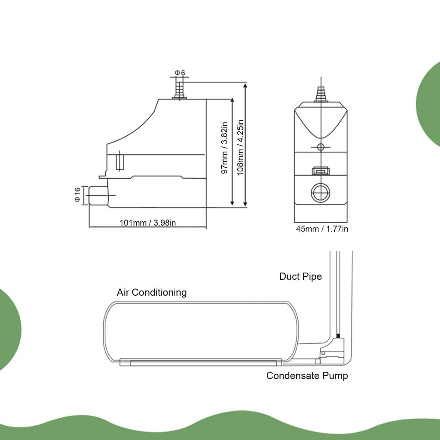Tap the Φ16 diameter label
[x=77, y=195]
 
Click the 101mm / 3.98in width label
[x=148, y=223]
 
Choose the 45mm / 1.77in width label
[x=322, y=229]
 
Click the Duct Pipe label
[x=300, y=276]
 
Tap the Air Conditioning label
[x=152, y=293]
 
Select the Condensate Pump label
[x=307, y=376]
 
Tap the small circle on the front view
[x=320, y=147]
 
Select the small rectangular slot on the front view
[x=320, y=171]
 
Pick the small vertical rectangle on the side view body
[x=120, y=162]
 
